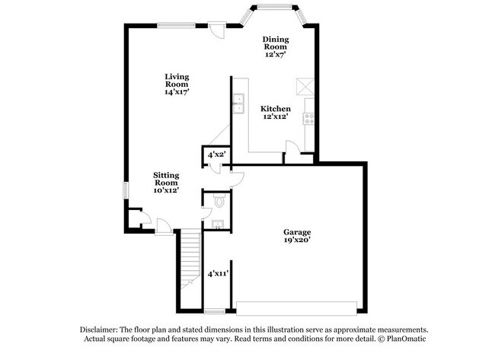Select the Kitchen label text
click(x=276, y=109)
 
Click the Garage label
click(x=298, y=231)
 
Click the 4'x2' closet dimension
click(x=217, y=155)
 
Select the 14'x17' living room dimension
click(x=177, y=91)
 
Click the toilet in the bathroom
click(x=220, y=202)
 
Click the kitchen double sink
click(x=238, y=102)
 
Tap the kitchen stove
click(x=309, y=118)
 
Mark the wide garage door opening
click(x=297, y=307)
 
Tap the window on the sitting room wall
click(x=126, y=190)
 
